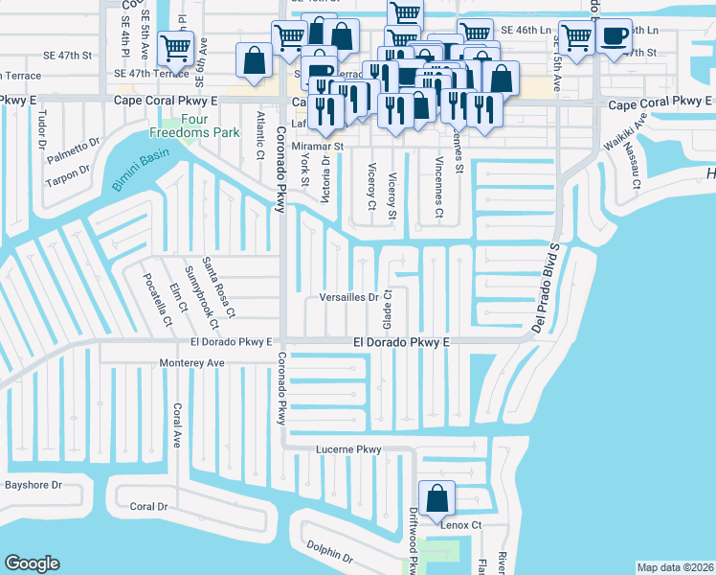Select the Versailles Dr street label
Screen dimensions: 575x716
click(x=349, y=298)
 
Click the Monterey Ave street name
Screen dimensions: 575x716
click(x=190, y=363)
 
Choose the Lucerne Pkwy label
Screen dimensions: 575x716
click(x=348, y=449)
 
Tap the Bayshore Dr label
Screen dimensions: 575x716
click(x=33, y=485)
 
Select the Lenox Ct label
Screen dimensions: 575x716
click(x=460, y=525)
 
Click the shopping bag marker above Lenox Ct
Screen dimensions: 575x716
click(x=436, y=498)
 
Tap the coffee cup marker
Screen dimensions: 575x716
click(x=613, y=37)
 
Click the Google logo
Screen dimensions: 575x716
click(x=32, y=563)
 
